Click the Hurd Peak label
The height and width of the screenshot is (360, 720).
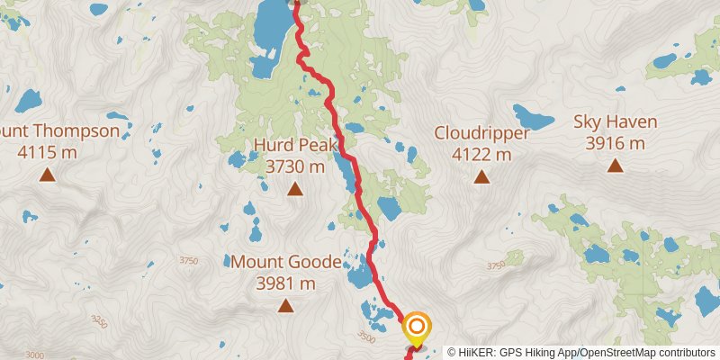(294, 146)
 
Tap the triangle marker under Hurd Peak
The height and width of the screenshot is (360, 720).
(294, 188)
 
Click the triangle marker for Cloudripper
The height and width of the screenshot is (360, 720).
(481, 177)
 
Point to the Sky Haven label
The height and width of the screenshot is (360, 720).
(615, 121)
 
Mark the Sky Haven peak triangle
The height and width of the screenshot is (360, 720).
(615, 165)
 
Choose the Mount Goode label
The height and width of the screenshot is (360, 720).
(286, 263)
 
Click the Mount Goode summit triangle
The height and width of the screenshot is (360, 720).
(285, 306)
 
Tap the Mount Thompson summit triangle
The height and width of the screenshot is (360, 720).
(47, 175)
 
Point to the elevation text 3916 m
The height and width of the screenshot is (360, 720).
(615, 143)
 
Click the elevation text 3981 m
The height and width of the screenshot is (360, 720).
(285, 284)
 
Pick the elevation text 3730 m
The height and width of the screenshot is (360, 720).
(294, 166)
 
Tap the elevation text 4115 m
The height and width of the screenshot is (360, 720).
(47, 152)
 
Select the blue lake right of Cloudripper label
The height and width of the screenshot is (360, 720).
(534, 117)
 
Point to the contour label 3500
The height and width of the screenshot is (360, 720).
(365, 337)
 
